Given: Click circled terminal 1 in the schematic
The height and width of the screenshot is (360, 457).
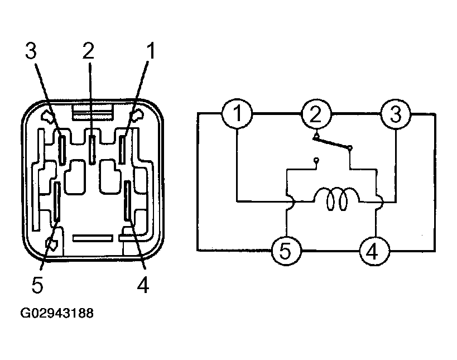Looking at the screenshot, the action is [x=237, y=113].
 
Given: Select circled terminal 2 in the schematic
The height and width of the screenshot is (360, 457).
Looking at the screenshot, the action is [x=316, y=114].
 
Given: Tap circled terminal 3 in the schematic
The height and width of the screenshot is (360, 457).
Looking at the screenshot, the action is [x=396, y=114].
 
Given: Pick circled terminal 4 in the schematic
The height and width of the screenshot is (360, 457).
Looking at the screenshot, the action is [x=374, y=251].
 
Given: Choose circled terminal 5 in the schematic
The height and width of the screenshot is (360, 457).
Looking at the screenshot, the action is [x=286, y=251].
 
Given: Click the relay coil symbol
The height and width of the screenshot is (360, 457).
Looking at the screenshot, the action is [x=337, y=199].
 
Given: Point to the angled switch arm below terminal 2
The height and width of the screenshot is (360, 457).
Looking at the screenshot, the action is [x=332, y=143].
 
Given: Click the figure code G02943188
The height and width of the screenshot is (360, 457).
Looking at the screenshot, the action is [x=57, y=313].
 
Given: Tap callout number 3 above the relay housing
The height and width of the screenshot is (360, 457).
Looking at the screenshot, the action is [x=31, y=51].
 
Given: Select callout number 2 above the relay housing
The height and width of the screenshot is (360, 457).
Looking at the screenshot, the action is [x=88, y=51].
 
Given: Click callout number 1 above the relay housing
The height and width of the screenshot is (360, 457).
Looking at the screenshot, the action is [x=150, y=51].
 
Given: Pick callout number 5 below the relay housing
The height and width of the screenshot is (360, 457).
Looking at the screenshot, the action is [x=37, y=285].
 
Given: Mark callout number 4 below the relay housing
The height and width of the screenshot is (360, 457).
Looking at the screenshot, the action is [x=143, y=285].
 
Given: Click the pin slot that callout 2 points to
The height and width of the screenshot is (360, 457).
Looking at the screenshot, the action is [x=93, y=150].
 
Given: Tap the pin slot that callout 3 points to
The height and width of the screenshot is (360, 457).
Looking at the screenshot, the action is [x=62, y=150].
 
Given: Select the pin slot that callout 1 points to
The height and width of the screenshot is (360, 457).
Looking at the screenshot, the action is [x=122, y=150].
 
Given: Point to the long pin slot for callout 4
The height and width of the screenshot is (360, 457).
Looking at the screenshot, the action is [x=127, y=200].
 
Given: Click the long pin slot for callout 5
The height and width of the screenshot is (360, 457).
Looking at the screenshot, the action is [x=57, y=201].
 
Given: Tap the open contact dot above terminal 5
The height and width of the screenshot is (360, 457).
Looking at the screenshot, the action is [x=316, y=160].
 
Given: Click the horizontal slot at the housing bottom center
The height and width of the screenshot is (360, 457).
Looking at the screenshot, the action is [x=93, y=238].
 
